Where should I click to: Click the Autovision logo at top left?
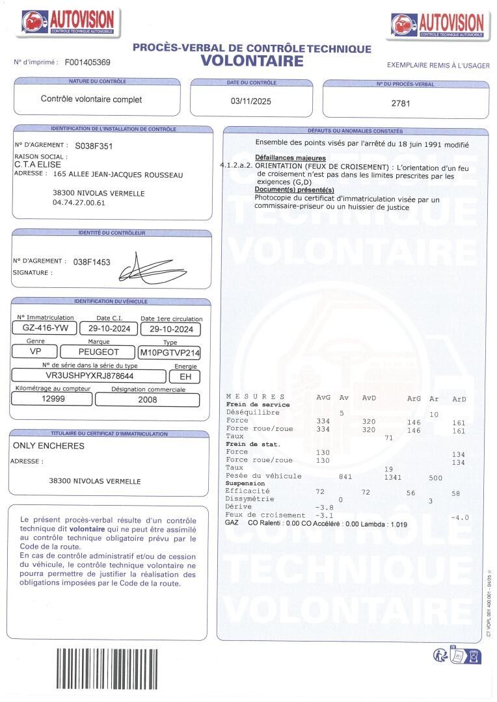point(68,23)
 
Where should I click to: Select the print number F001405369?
point(87,62)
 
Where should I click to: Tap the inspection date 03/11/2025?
point(251,101)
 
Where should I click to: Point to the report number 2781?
point(401,103)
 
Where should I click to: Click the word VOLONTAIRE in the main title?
point(252,61)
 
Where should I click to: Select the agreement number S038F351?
point(94,146)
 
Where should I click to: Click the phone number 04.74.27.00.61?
point(79,203)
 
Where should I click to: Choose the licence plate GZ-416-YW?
point(46,329)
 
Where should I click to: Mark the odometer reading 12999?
point(53,400)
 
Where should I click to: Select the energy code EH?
point(185,376)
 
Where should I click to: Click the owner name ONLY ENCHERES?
point(49,446)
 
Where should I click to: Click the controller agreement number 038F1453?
point(92,262)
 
